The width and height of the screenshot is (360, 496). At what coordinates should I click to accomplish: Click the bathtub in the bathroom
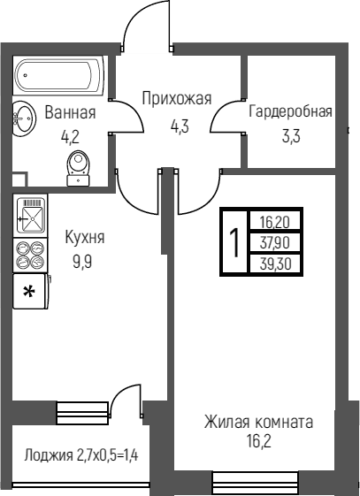click(60, 76)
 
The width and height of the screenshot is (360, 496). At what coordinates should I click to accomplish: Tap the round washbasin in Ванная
click(24, 118)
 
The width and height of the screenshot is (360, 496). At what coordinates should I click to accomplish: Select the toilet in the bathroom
click(79, 168)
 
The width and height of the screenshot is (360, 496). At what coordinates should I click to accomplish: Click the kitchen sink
click(30, 215)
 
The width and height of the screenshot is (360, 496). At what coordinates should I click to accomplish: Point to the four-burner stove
click(30, 255)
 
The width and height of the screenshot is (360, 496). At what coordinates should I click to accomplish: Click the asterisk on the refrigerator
click(29, 292)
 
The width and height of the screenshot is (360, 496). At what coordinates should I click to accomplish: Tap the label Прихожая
click(177, 99)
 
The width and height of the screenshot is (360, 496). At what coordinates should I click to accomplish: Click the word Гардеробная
click(290, 111)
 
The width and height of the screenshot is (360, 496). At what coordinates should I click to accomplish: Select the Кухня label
click(84, 237)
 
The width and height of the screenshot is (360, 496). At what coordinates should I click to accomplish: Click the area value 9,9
click(82, 262)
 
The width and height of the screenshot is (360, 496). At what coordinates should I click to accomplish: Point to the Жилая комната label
click(258, 422)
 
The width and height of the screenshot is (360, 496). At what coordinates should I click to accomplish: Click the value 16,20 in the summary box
click(275, 223)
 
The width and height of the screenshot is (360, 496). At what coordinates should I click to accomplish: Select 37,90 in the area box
click(275, 243)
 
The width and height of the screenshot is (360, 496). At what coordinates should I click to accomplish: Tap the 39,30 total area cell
click(275, 263)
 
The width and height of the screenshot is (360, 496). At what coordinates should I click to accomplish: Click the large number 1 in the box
click(234, 242)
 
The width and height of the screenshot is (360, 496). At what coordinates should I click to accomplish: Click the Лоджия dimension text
click(81, 455)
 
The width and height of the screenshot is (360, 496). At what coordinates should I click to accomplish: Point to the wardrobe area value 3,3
click(291, 136)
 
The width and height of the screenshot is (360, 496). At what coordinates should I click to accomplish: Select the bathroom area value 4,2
click(70, 137)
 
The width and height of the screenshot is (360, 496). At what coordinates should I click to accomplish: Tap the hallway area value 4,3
click(180, 126)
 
